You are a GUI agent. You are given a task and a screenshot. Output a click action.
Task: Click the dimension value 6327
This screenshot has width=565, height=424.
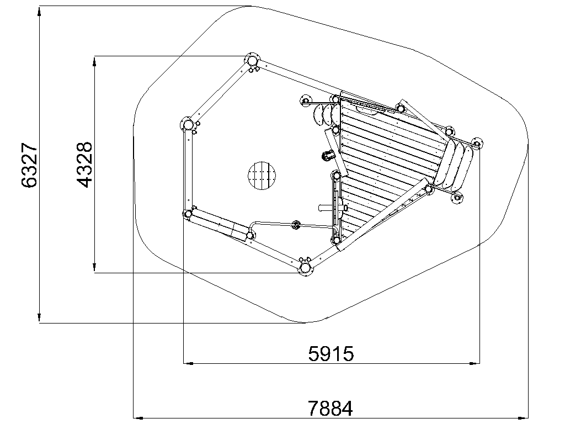coord(29,165)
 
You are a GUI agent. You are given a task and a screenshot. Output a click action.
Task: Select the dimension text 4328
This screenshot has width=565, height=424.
coord(85,165)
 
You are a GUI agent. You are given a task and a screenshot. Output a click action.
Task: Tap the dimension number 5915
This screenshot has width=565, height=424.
coord(331,354)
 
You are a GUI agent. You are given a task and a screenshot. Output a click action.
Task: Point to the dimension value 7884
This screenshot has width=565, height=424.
coord(330,409)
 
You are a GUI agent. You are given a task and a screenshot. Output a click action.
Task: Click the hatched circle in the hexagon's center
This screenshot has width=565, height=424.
coord(262,176)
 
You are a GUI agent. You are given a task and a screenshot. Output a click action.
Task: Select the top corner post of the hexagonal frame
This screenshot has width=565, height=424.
coord(252,60)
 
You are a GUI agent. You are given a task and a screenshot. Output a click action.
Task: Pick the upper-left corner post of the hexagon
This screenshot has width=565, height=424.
coord(188,125)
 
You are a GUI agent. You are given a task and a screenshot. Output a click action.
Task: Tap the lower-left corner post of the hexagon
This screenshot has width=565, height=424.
coord(188,214)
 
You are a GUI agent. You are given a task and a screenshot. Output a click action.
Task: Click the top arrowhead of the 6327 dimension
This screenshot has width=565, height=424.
coord(39,12)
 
